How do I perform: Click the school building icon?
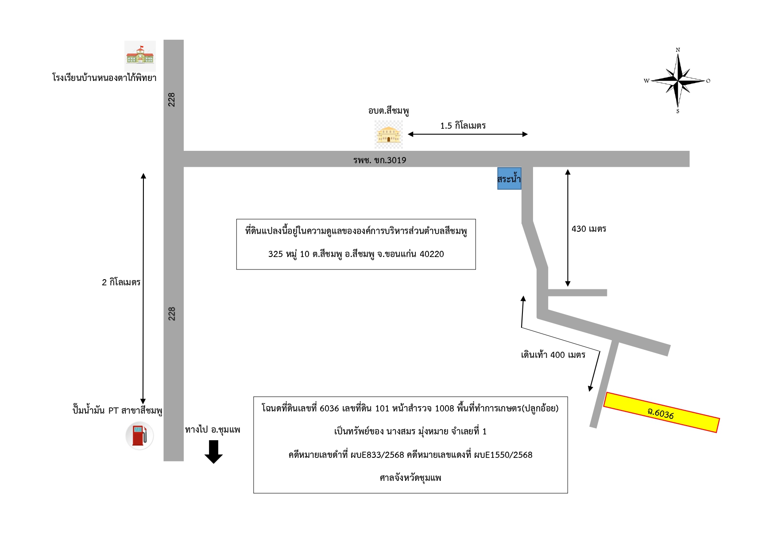(x=140, y=56)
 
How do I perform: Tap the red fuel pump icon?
(x=139, y=436)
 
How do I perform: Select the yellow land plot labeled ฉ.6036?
(x=661, y=412)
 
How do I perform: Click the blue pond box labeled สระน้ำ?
(x=509, y=178)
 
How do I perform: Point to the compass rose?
(x=678, y=81)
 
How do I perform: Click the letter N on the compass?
(x=678, y=50)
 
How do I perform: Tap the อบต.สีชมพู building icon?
(x=388, y=134)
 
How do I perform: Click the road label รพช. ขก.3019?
(x=379, y=160)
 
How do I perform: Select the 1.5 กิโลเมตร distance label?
(x=463, y=126)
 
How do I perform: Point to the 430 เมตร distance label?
(x=589, y=229)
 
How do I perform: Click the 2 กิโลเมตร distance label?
(x=121, y=282)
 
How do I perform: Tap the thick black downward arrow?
(x=213, y=452)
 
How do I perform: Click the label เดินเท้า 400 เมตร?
(x=553, y=355)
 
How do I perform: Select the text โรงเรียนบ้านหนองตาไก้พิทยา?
(x=104, y=78)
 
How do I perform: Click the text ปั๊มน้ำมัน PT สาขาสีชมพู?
(x=117, y=410)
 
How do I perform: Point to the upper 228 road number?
(x=172, y=100)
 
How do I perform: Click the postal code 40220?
(x=432, y=254)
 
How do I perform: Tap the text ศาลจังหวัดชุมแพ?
(x=410, y=478)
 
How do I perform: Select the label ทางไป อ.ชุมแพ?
(x=213, y=430)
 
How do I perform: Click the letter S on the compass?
(x=678, y=111)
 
